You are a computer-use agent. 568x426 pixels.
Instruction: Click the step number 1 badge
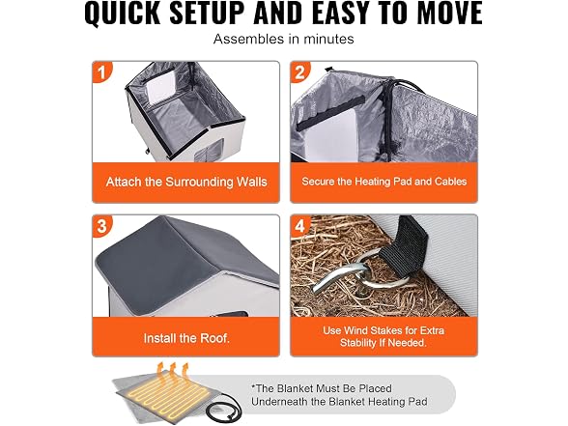coord(101,71)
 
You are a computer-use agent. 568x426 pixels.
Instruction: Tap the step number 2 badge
coord(299,71)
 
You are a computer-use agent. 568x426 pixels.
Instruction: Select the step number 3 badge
coord(101,226)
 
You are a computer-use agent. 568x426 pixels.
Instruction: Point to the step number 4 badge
coord(299,226)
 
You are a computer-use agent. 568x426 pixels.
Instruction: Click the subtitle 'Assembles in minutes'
coord(284,39)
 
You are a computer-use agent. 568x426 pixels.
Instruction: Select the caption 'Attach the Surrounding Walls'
coord(186,182)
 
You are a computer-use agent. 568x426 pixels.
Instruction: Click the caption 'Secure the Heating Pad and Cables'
coord(384,182)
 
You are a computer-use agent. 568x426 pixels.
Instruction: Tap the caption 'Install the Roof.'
coord(186,338)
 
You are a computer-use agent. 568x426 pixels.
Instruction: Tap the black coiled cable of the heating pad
coord(223,406)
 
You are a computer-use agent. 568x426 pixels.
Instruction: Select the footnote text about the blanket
coord(339,395)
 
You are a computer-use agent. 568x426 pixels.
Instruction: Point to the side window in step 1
coord(208,152)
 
